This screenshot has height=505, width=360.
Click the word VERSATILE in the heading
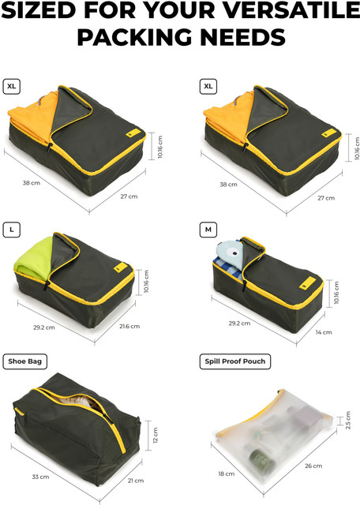tap(291, 10)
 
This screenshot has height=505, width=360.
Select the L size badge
tap(12, 230)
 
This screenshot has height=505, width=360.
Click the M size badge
tap(208, 230)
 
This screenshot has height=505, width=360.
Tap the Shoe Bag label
tap(24, 361)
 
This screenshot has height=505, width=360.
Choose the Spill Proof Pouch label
tap(235, 361)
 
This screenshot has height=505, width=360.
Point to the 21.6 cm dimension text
tap(129, 326)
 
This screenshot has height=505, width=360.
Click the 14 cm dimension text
tap(323, 332)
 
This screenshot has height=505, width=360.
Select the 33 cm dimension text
tap(40, 477)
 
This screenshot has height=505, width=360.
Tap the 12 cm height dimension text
tap(156, 435)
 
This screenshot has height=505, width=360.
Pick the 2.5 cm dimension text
tap(347, 421)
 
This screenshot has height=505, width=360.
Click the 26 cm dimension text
tap(313, 466)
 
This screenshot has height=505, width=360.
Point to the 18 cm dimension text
tap(227, 473)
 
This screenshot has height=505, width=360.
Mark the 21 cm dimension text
tap(136, 481)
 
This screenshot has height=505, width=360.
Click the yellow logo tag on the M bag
tap(307, 283)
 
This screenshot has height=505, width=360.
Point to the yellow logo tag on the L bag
tap(121, 267)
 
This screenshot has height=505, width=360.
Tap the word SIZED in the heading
tap(39, 10)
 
